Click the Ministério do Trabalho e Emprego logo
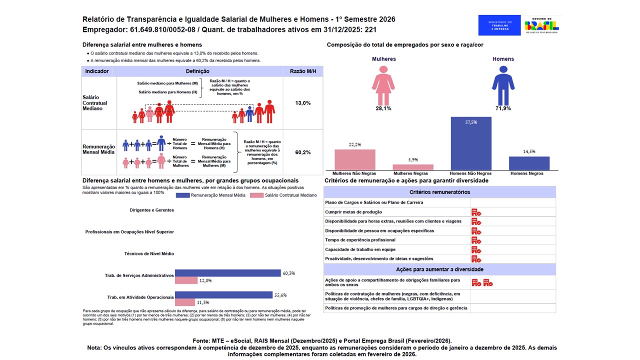499,25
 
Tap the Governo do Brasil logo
541,25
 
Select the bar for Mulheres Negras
413,167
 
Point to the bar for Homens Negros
529,163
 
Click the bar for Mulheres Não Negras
354,159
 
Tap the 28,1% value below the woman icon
383,108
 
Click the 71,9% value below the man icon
503,108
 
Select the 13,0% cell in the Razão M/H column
303,103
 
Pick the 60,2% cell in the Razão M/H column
303,152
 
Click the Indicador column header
97,71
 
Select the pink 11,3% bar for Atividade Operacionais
185,302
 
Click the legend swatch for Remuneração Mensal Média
183,195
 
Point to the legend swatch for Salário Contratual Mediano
256,195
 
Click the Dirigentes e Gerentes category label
152,210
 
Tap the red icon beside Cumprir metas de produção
476,212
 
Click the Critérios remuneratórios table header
439,192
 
